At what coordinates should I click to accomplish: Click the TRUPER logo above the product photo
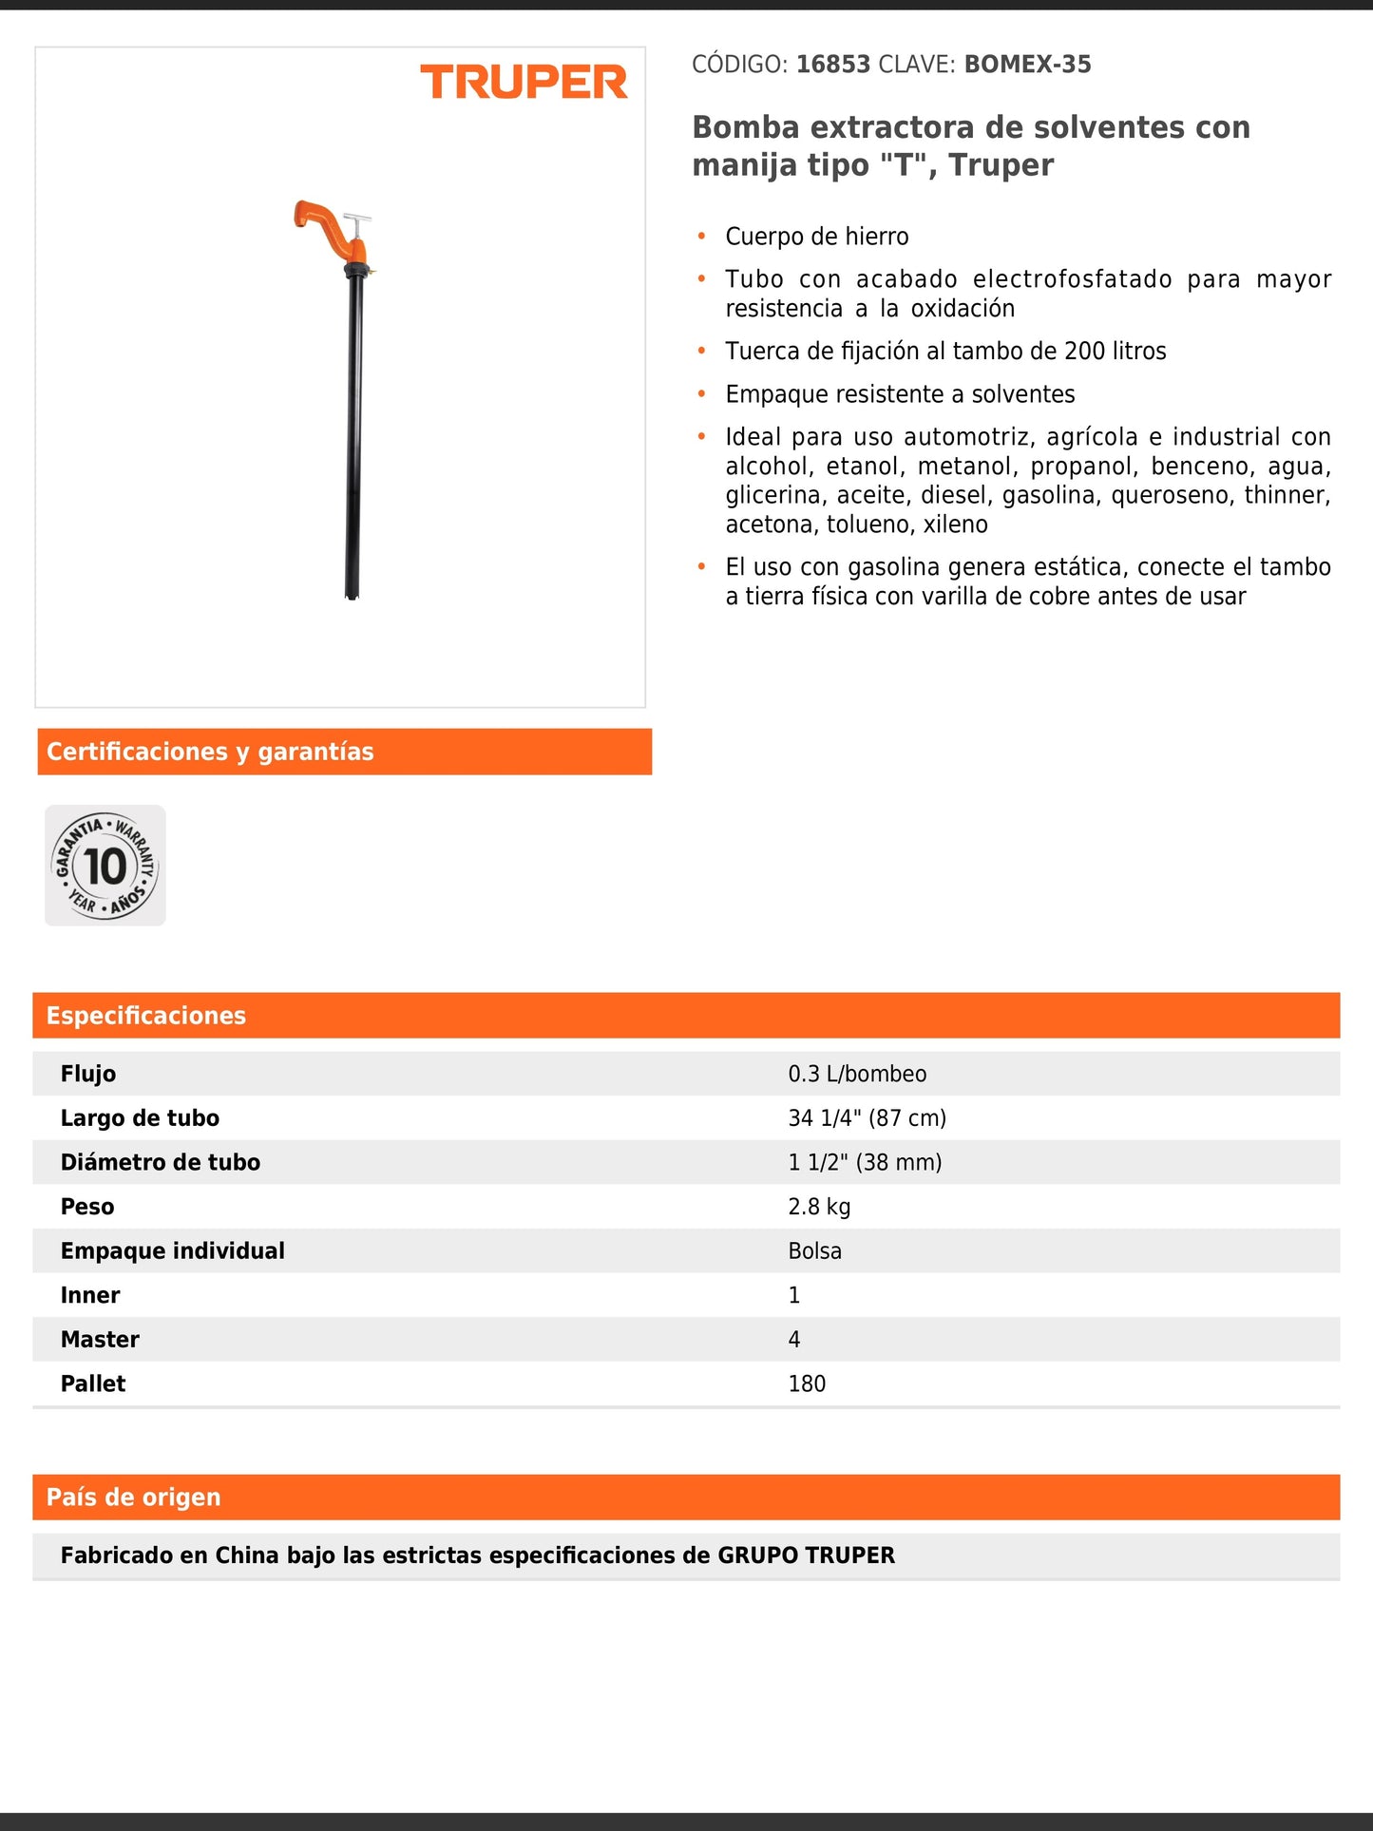click(x=524, y=83)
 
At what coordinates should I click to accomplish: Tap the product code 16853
click(x=833, y=65)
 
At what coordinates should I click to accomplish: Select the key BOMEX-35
click(x=1027, y=65)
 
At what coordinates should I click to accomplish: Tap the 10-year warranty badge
click(x=105, y=866)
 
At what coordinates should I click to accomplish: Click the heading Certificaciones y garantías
click(x=210, y=752)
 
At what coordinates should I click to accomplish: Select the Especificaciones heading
click(x=146, y=1016)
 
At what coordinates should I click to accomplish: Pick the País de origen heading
click(x=134, y=1497)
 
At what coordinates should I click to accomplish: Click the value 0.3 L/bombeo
click(x=857, y=1074)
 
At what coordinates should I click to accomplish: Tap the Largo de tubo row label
click(x=140, y=1118)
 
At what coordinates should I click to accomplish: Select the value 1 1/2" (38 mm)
click(x=865, y=1162)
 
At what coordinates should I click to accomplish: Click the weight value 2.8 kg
click(x=819, y=1207)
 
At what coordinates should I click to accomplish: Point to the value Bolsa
click(x=814, y=1251)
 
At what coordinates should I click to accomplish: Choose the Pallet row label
click(x=93, y=1384)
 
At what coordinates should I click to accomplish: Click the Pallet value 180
click(x=807, y=1384)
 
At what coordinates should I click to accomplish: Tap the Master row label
click(x=100, y=1340)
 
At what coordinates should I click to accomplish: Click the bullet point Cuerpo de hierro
click(x=816, y=237)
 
